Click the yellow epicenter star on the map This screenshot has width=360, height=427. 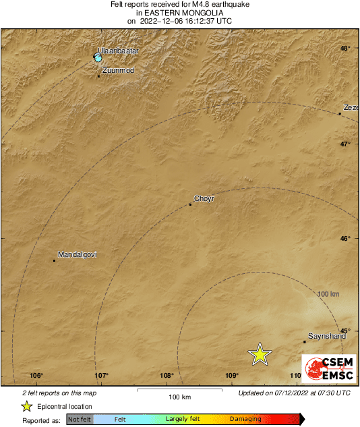260,354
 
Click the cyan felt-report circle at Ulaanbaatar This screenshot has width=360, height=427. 98,59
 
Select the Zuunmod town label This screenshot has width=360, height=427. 117,69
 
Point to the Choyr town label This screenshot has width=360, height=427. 204,198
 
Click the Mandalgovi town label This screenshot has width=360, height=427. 78,254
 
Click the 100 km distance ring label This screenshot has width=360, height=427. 328,294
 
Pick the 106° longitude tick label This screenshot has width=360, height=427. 36,376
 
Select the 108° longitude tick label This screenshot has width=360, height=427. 167,376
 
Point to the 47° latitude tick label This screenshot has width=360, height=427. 344,144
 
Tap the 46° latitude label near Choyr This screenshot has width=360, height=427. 344,238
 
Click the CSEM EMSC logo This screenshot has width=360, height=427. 325,367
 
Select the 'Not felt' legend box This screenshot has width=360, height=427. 80,419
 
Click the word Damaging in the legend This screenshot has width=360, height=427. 245,419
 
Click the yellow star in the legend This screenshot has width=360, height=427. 26,406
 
